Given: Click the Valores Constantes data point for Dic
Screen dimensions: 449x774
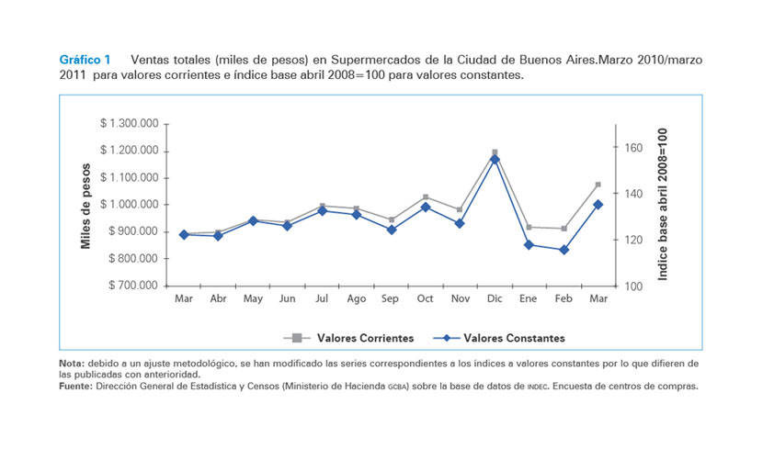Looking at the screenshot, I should [x=495, y=159].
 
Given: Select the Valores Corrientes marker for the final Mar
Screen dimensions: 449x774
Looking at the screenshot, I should [x=598, y=185].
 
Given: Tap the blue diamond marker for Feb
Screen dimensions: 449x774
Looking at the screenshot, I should [x=563, y=250].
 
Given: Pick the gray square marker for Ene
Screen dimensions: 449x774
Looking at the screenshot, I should [x=529, y=227].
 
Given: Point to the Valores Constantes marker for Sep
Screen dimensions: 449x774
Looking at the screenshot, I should [x=391, y=230].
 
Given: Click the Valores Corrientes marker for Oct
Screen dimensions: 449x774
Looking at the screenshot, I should [x=426, y=197].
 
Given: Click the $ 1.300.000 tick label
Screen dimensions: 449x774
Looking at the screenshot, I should [x=129, y=123].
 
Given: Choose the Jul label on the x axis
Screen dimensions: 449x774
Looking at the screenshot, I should [x=322, y=299].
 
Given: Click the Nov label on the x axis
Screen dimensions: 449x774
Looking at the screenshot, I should [x=460, y=299].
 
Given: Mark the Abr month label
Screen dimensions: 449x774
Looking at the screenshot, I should [x=218, y=299].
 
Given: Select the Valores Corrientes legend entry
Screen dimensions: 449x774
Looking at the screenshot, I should [x=359, y=338].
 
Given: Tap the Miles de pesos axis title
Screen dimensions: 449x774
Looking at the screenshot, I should [x=85, y=205].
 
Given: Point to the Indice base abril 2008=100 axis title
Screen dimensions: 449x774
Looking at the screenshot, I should [x=663, y=204].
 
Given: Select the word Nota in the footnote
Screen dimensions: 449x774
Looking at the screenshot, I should [x=71, y=365].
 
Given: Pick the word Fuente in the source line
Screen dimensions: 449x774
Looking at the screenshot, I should [x=75, y=386].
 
